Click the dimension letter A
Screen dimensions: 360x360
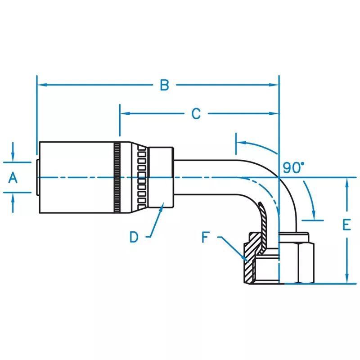13,178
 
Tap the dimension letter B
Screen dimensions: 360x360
164,85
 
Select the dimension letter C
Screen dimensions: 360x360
196,114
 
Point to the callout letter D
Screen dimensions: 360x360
134,237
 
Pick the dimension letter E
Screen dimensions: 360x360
346,225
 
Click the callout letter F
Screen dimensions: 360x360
206,237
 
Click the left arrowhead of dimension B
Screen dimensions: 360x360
42,85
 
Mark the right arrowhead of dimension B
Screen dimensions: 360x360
274,85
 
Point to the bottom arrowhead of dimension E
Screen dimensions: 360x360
347,279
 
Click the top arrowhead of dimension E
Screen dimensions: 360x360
347,183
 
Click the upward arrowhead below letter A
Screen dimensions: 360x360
13,198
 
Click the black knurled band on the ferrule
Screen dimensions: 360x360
117,177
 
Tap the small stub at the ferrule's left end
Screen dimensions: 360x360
37,177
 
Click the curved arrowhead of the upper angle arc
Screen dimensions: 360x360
242,143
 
